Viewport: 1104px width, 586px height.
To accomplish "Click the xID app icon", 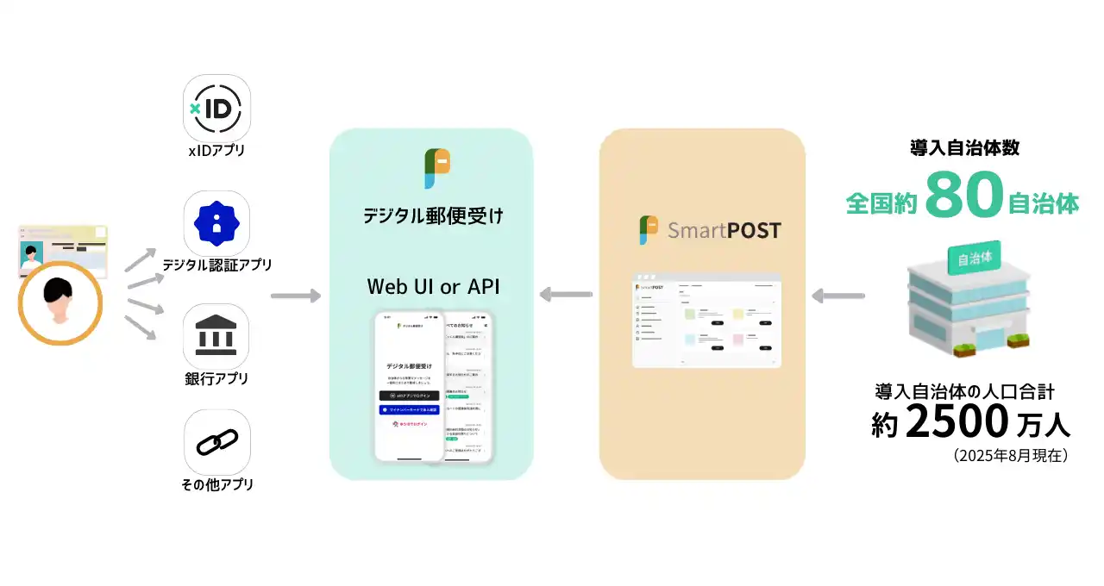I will (x=217, y=107).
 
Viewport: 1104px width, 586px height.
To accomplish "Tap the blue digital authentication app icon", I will (x=217, y=222).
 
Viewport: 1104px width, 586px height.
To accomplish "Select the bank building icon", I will (x=217, y=336).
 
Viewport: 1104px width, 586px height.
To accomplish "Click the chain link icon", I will (x=217, y=442).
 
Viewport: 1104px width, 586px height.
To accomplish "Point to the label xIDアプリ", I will (x=217, y=151).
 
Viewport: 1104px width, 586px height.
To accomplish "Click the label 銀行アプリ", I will (x=217, y=379).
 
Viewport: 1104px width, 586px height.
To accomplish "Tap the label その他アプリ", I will (x=217, y=484).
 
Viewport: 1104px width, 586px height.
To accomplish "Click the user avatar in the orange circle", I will (x=60, y=303).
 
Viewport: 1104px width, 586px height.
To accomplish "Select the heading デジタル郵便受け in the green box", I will (x=433, y=215).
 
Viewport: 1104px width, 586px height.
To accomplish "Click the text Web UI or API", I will (x=433, y=286).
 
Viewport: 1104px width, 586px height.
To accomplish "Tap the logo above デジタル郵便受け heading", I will (x=436, y=169).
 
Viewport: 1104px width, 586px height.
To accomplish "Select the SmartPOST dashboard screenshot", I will (x=706, y=321).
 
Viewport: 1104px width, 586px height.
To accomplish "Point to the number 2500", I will (x=957, y=421).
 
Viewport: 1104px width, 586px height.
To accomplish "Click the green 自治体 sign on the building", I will (x=974, y=258).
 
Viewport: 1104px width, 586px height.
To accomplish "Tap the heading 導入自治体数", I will (x=964, y=147).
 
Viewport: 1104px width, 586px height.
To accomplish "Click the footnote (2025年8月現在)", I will (x=1011, y=455).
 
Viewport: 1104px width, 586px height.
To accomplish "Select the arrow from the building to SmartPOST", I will (x=838, y=296).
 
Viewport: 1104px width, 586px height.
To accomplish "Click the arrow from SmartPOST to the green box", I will (x=566, y=296).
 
